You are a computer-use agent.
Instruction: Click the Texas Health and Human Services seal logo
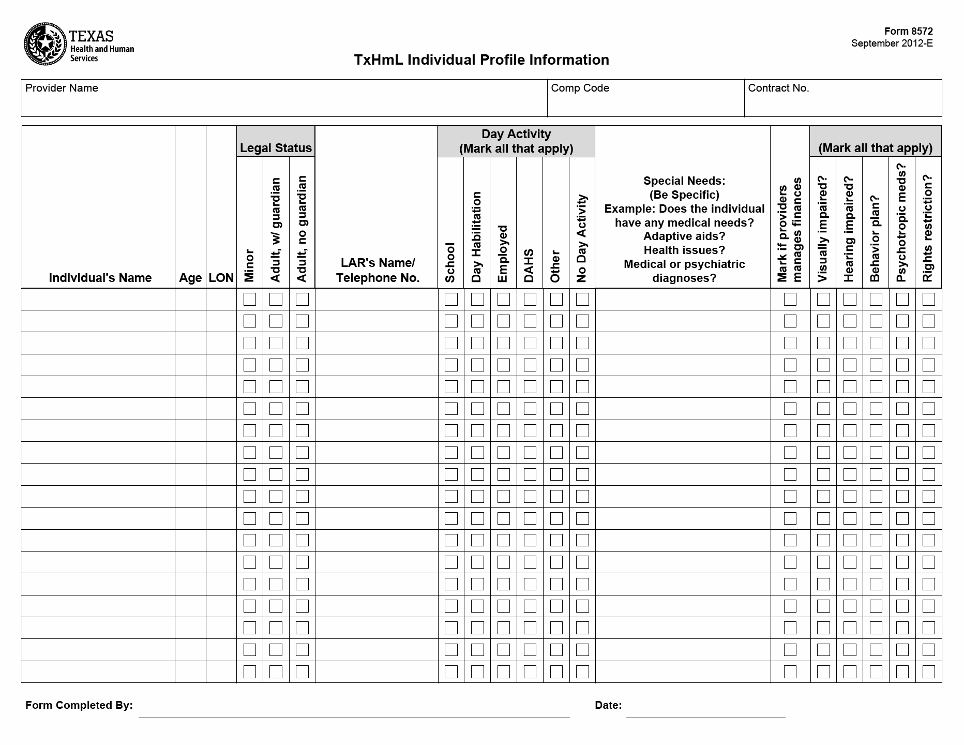[46, 44]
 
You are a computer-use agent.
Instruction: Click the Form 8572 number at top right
[908, 32]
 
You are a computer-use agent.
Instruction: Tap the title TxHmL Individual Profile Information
[481, 60]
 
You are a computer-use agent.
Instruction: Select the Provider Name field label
[62, 88]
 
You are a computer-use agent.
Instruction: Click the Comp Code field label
[580, 88]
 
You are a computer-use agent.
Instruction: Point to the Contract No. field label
[778, 88]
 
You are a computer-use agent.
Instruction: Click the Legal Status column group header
[276, 148]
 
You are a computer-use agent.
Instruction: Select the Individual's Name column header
[100, 278]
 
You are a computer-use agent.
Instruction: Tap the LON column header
[221, 278]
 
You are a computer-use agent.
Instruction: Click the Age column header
[190, 278]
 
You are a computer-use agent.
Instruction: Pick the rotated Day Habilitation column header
[477, 237]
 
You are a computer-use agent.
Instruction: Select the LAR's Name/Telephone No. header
[377, 271]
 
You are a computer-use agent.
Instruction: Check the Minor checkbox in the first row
[250, 299]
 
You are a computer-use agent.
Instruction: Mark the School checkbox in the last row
[451, 672]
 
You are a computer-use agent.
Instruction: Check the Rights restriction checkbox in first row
[929, 299]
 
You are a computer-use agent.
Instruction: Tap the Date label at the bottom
[608, 705]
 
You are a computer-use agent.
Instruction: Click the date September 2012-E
[892, 43]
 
